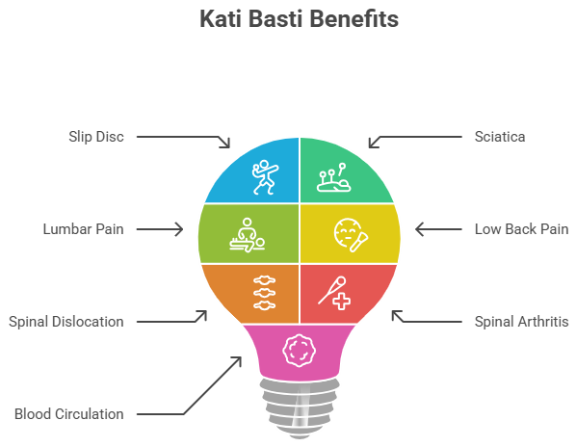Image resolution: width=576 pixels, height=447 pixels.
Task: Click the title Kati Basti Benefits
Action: pyautogui.click(x=299, y=19)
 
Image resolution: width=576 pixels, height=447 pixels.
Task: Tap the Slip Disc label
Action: pyautogui.click(x=96, y=137)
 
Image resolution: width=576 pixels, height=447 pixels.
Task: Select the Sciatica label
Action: pyautogui.click(x=500, y=137)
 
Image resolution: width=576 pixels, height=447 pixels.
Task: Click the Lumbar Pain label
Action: pyautogui.click(x=84, y=229)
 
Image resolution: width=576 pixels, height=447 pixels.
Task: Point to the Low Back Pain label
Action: pyautogui.click(x=522, y=229)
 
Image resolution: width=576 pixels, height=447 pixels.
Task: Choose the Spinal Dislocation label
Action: pyautogui.click(x=66, y=322)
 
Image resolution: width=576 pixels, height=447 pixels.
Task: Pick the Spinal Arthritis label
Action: pyautogui.click(x=522, y=322)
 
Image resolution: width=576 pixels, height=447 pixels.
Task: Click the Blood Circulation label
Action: pyautogui.click(x=69, y=414)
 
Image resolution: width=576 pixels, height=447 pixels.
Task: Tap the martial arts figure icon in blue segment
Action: pyautogui.click(x=265, y=176)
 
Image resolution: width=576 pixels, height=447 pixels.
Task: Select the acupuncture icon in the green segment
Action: pyautogui.click(x=334, y=178)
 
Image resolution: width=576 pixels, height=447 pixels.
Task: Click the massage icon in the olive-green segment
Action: pyautogui.click(x=248, y=235)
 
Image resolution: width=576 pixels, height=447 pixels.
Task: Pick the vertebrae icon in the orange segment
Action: pyautogui.click(x=265, y=293)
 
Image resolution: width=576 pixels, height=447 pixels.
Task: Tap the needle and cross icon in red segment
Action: pyautogui.click(x=334, y=293)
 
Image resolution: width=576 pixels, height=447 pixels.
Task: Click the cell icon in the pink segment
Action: pyautogui.click(x=299, y=351)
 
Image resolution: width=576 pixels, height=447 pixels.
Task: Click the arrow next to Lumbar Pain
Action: pyautogui.click(x=160, y=229)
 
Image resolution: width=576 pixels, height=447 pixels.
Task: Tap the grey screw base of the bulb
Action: pyautogui.click(x=300, y=408)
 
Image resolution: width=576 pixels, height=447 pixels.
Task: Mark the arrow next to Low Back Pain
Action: pyautogui.click(x=438, y=229)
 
